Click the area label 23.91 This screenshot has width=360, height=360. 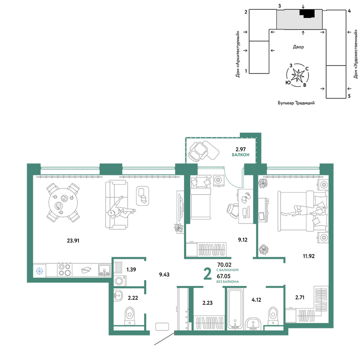tap(73, 240)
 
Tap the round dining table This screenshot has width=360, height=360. tap(63, 202)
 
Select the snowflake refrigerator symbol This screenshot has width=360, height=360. tap(40, 271)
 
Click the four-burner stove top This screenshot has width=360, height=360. tap(64, 270)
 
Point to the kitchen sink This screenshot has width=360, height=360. tap(104, 270)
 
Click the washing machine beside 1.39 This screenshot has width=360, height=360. tap(120, 281)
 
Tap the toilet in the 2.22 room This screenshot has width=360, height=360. tap(130, 316)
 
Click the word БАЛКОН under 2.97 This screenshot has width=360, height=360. tap(240, 155)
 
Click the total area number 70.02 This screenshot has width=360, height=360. tap(224, 265)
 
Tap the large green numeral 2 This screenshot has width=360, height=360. tap(208, 274)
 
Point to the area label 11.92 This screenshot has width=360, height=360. tap(309, 256)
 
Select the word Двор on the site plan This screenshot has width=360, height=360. tap(298, 47)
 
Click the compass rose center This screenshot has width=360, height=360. tap(298, 75)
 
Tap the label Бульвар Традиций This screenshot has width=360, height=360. tap(296, 103)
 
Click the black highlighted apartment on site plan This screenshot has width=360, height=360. tap(307, 13)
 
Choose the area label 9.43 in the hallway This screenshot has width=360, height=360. tap(164, 274)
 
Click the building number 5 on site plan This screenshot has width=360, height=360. tap(349, 96)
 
